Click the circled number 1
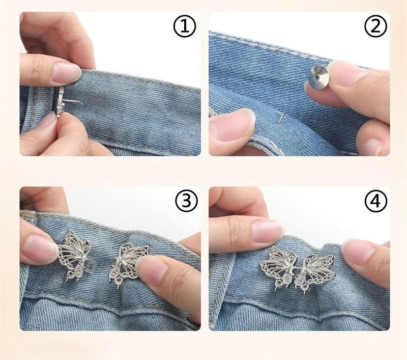coord(184,27)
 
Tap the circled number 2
coord(375,27)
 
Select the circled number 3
coord(186,202)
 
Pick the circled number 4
coord(375,202)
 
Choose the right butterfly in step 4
coord(315,270)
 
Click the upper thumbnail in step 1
coord(67,73)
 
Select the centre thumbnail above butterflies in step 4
coord(267,231)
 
